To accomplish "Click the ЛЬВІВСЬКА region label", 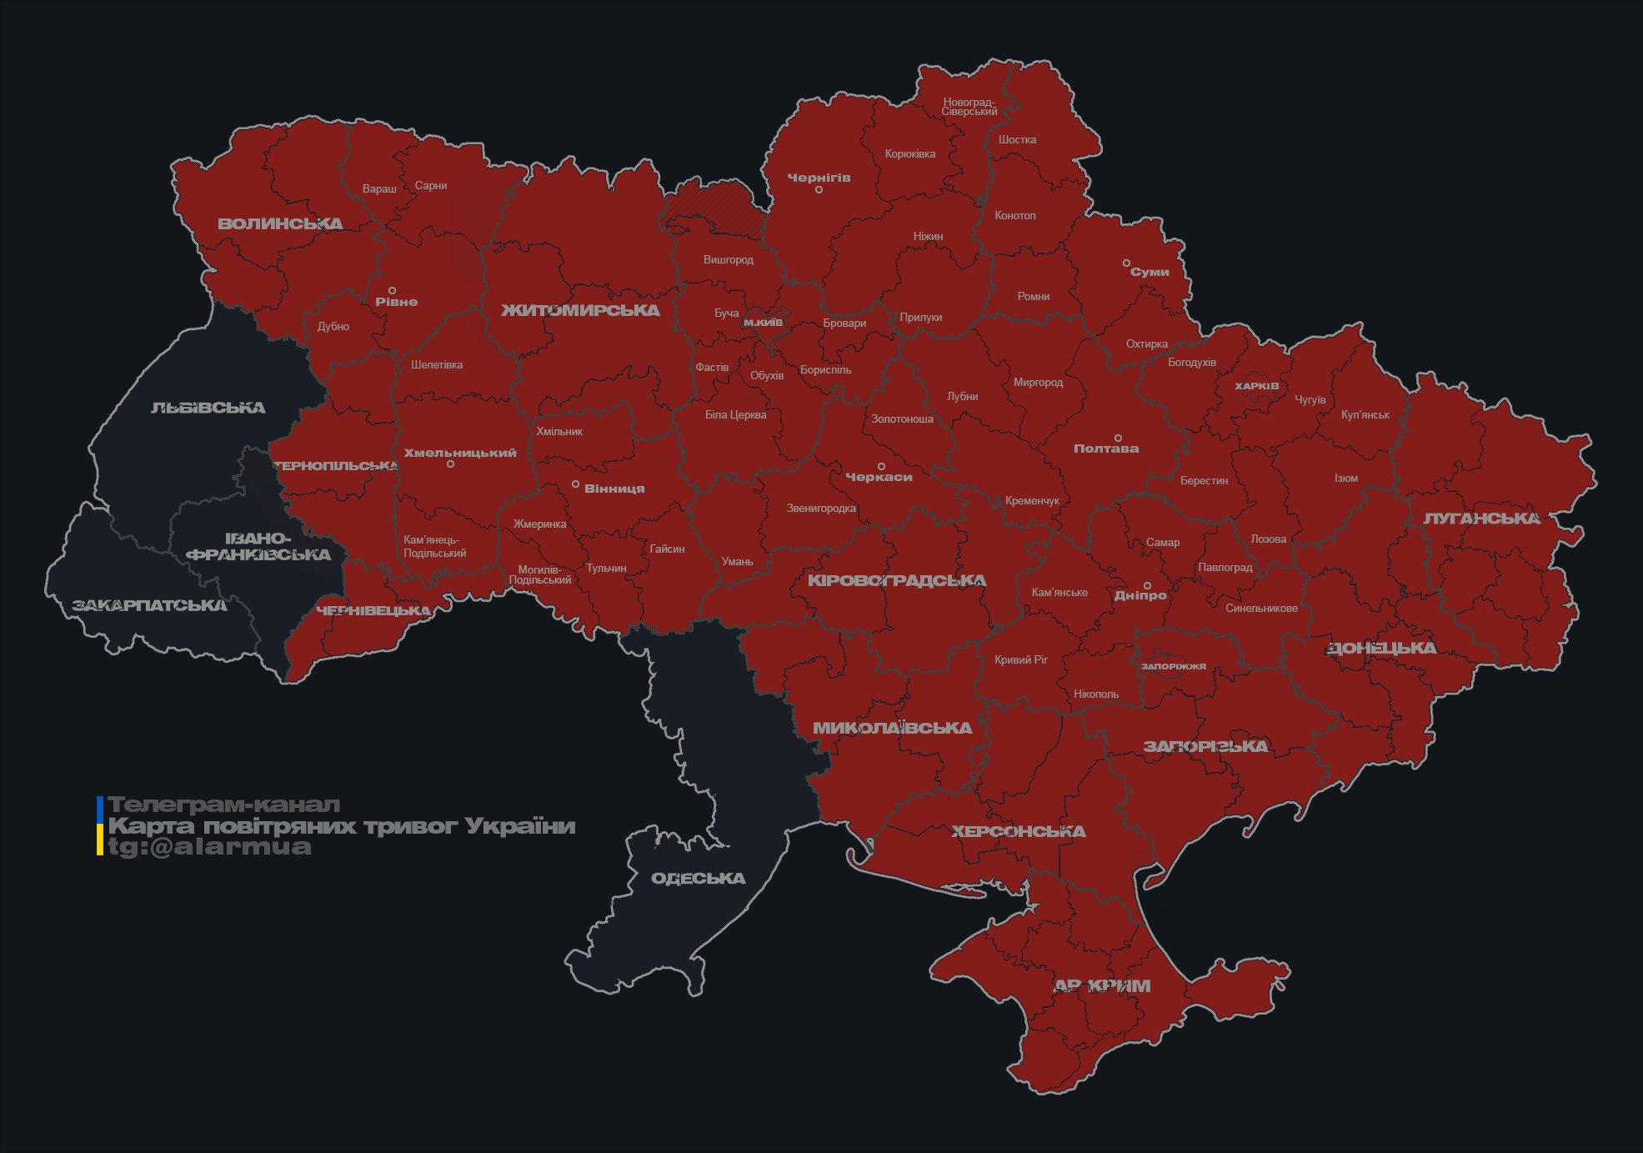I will pos(208,408).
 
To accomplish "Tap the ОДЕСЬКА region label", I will pos(698,878).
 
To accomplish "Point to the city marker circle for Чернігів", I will pos(819,190).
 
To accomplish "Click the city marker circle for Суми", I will pos(1126,263).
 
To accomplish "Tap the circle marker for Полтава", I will pos(1118,438).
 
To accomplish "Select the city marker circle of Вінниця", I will pos(575,484).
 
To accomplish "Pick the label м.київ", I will pos(763,322).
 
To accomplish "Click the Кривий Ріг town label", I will pos(1021,659).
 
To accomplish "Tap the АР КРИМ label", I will pos(1102,985).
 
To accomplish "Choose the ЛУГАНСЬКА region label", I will pos(1481,519).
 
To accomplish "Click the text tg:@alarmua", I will pos(209,846).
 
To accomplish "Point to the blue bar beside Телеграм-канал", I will pos(100,807).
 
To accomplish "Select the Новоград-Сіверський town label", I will pos(969,107).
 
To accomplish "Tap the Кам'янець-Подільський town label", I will pos(434,546).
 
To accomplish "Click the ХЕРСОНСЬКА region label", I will pos(1018,831).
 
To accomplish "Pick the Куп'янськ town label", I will pos(1365,414).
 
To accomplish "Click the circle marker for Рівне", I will pos(392,291).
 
